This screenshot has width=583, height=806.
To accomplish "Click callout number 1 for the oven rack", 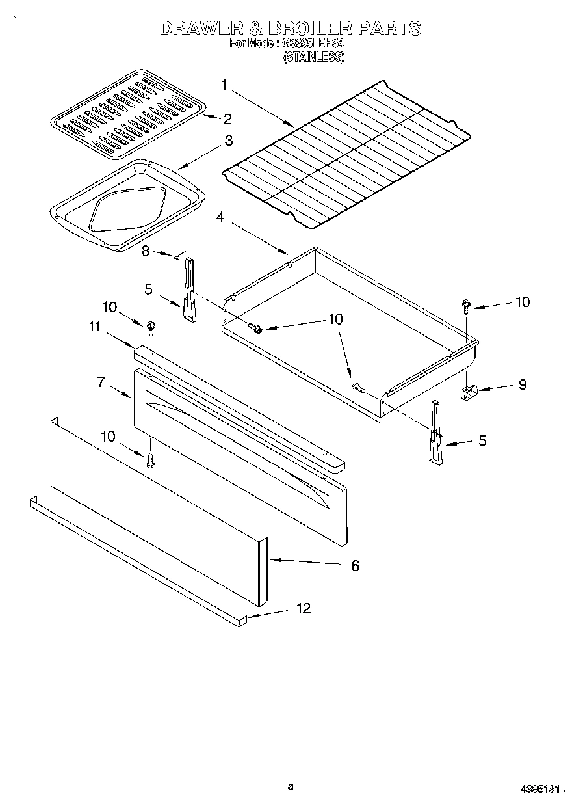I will tap(224, 84).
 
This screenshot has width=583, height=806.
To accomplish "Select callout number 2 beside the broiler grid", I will tap(227, 118).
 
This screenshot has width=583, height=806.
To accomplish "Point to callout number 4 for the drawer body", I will tap(220, 217).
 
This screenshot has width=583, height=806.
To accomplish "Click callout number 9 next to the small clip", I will tap(523, 384).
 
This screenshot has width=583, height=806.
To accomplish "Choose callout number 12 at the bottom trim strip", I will tap(303, 609).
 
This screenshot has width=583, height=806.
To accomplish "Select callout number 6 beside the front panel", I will tap(355, 565).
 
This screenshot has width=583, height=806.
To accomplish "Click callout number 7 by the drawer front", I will tap(101, 383).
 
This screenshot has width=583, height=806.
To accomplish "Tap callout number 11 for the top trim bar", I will tap(95, 327).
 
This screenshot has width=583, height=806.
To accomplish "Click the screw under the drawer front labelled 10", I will tap(150, 461).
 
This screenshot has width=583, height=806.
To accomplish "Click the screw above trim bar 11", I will tap(151, 327).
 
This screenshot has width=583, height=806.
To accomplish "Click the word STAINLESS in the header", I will tap(313, 57).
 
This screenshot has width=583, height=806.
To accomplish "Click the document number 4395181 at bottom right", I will tap(540, 789).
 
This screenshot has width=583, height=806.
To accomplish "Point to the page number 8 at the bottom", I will tap(290, 787).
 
